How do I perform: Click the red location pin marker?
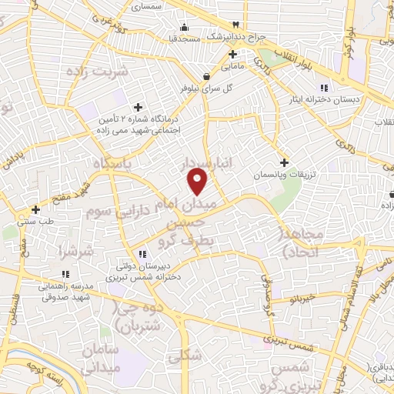[198, 181]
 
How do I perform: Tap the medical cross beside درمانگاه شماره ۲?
[138, 107]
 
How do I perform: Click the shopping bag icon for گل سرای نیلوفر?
[206, 76]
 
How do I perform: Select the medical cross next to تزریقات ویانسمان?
[284, 162]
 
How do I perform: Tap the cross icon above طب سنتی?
[35, 209]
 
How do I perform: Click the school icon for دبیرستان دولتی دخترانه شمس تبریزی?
[142, 253]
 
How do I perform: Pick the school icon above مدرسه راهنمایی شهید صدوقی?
[65, 273]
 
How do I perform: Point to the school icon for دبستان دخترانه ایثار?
[325, 86]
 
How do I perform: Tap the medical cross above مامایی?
[232, 54]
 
